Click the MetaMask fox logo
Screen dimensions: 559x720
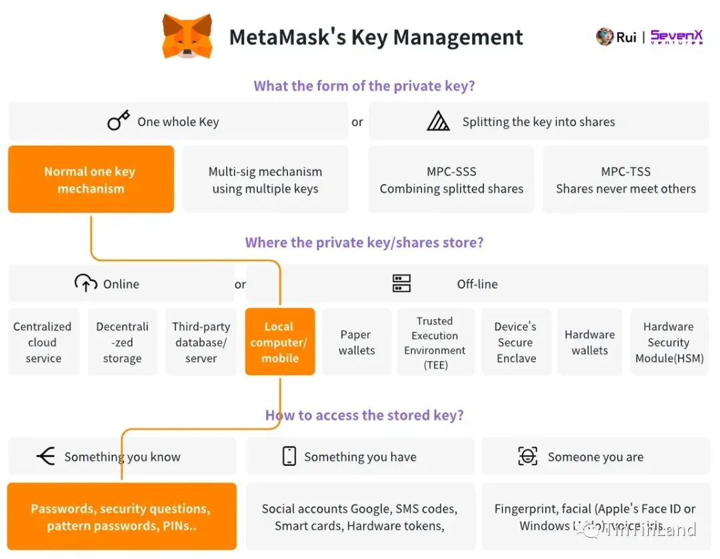[187, 36]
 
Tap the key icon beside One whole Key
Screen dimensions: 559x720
[118, 121]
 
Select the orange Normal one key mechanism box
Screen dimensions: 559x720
[91, 180]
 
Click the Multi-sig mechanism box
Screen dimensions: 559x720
[265, 180]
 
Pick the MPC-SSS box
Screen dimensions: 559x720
[451, 180]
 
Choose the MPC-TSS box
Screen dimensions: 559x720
[625, 180]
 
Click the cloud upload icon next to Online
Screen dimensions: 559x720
[86, 284]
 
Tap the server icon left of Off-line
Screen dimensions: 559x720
[401, 284]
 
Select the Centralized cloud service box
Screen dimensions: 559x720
[43, 342]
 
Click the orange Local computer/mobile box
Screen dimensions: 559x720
[280, 342]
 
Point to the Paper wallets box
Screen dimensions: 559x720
[357, 342]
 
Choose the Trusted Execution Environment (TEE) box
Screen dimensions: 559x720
[435, 342]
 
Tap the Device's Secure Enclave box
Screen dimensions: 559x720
[516, 342]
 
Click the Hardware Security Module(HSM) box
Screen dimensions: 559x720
[669, 342]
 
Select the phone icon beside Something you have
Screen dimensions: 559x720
[289, 456]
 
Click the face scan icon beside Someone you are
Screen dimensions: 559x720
[527, 456]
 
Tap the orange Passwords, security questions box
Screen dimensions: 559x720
[121, 517]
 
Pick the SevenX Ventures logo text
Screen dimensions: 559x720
[676, 37]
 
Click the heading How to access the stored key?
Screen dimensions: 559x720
[364, 416]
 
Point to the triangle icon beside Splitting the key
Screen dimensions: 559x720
[438, 121]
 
